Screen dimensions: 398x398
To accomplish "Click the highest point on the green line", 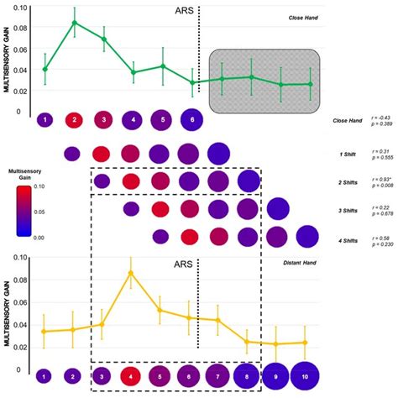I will (x=75, y=23).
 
